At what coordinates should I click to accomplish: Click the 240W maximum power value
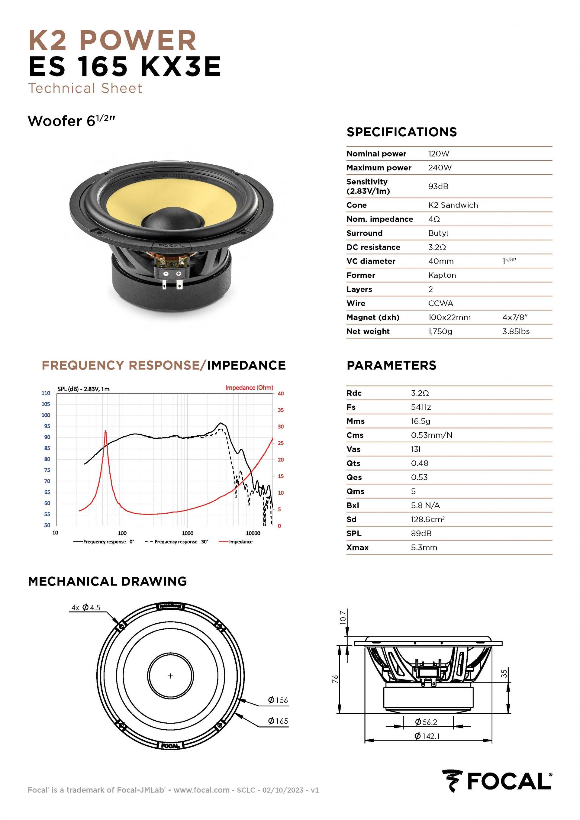[x=440, y=167]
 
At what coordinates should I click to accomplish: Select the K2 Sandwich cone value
[x=453, y=205]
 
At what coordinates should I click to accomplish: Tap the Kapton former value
[x=442, y=275]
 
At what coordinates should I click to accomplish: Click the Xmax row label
[x=357, y=547]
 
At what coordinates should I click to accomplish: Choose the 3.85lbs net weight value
[x=516, y=331]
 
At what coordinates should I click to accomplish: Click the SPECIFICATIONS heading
[x=401, y=132]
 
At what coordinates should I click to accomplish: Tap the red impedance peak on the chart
[x=105, y=431]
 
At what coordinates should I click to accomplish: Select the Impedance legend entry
[x=240, y=542]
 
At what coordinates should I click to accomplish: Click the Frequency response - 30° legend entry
[x=181, y=542]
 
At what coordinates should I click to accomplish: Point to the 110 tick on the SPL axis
[x=46, y=393]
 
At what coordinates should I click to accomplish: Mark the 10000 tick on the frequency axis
[x=253, y=533]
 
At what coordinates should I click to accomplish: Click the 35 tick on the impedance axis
[x=281, y=410]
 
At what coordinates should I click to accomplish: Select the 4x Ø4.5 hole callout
[x=86, y=607]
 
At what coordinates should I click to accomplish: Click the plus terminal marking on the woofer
[x=179, y=273]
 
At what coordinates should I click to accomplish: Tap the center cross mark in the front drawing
[x=170, y=676]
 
